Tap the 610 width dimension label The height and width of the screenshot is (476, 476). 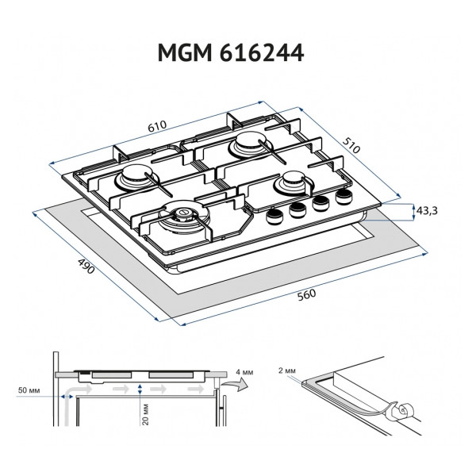point(156,125)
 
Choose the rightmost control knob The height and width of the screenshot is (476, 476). point(343,197)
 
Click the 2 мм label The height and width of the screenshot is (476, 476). point(290,371)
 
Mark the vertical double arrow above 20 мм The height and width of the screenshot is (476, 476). point(140,390)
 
